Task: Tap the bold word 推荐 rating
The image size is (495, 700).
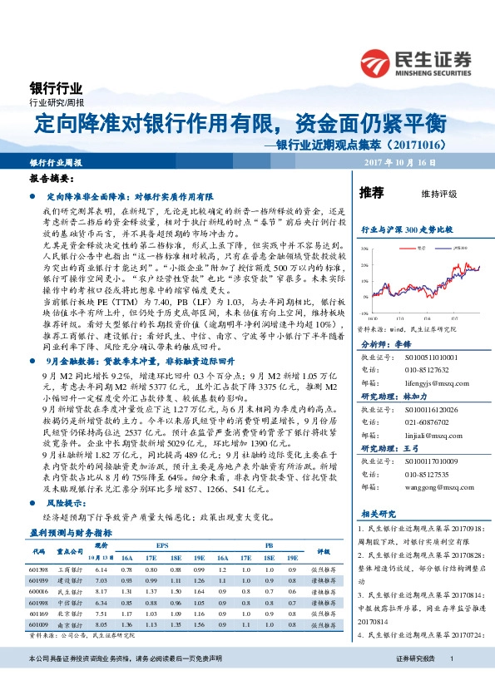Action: [x=371, y=193]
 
